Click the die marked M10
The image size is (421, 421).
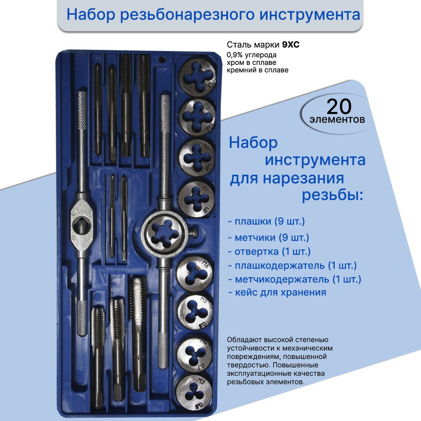198,77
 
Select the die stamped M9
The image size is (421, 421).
197,117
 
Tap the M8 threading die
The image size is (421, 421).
197,157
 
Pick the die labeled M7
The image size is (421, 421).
197,199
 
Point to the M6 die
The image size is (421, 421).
195,274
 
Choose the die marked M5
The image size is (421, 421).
195,312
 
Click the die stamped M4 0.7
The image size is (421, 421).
195,354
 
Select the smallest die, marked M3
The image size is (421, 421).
195,392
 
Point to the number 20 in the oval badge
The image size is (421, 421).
339,107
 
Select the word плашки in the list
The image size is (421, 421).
253,221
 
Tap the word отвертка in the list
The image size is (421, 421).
256,252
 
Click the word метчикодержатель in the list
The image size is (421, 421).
282,279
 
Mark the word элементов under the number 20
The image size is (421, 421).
337,120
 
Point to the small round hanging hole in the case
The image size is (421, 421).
162,60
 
